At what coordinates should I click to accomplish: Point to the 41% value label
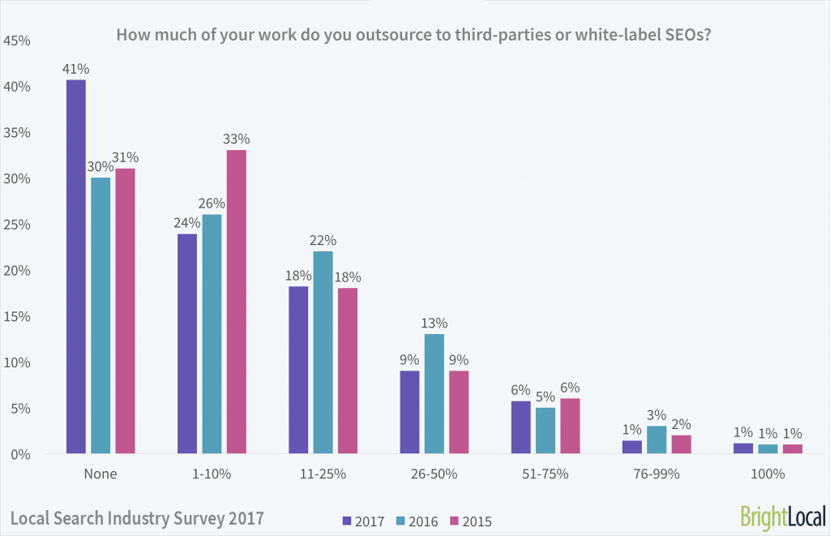point(76,69)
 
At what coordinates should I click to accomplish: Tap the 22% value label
point(323,240)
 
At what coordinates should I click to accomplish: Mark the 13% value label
point(434,323)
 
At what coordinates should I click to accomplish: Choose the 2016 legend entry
point(417,521)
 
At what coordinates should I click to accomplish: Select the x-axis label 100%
point(767,474)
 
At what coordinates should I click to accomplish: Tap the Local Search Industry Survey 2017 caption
point(137,517)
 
